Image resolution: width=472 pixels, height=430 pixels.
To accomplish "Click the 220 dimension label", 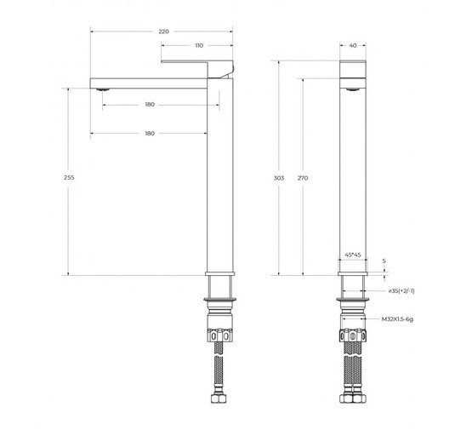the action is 164,32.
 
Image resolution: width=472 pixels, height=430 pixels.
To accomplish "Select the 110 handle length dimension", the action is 199,45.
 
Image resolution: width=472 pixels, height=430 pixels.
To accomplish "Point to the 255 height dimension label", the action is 69,177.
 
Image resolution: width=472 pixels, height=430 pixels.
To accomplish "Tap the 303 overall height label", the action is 279,178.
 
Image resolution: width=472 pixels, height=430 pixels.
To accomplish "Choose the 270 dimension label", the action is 303,178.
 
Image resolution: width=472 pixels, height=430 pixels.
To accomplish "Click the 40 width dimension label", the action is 353,45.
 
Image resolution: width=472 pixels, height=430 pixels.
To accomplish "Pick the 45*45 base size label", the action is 353,255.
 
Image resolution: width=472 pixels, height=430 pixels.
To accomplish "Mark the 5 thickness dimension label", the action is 384,261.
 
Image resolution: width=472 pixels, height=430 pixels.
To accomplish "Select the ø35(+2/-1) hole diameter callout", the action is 401,291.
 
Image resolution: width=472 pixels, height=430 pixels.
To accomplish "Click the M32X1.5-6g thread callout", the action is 397,318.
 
